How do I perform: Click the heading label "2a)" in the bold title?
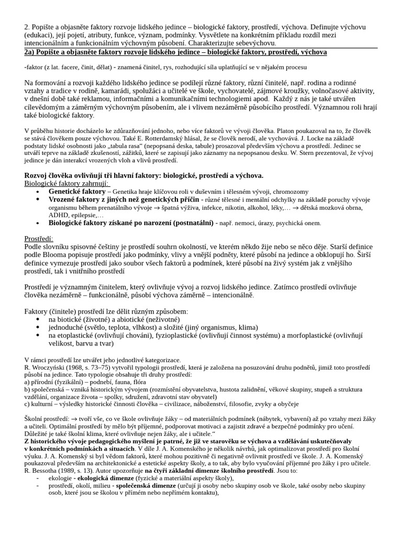(x=31, y=52)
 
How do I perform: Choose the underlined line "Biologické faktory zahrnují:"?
(x=66, y=184)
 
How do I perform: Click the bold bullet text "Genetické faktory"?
(x=77, y=192)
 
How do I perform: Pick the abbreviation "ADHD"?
(x=59, y=215)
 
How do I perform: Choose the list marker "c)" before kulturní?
(x=28, y=404)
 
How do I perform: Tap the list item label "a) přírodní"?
(x=43, y=382)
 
